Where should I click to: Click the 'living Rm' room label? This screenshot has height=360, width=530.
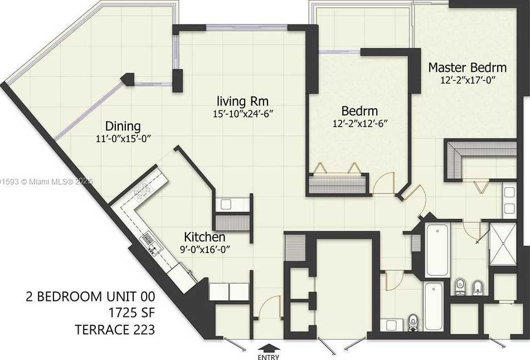[x=243, y=101]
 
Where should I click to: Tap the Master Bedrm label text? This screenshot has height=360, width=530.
[x=467, y=68]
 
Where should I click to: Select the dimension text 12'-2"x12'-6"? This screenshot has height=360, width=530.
[x=359, y=123]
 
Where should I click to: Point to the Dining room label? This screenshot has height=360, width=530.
[x=123, y=126]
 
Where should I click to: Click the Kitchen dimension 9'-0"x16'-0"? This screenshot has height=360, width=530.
[x=205, y=250]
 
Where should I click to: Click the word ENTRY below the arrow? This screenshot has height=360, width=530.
[x=269, y=357]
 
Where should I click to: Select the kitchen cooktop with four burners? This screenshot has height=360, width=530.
[x=143, y=191]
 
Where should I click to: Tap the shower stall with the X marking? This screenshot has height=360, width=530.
[x=503, y=244]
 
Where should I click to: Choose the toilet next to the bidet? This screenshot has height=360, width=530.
[x=460, y=286]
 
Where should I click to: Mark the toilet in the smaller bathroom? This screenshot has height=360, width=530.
[x=413, y=321]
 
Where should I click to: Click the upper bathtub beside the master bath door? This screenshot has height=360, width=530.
[x=437, y=250]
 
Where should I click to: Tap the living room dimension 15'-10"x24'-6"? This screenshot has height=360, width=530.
[x=243, y=113]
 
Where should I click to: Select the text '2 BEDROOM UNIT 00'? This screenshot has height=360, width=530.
[x=90, y=296]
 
